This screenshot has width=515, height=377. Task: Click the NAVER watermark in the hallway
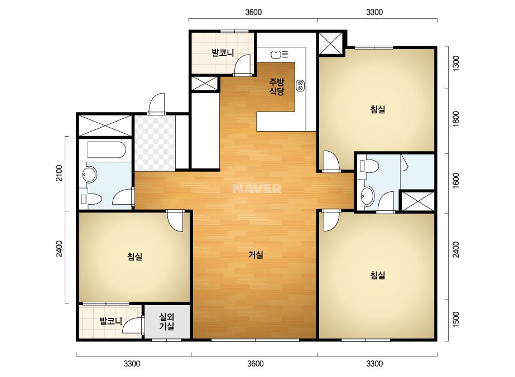[x=257, y=188]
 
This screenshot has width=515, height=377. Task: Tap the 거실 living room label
[x=256, y=254]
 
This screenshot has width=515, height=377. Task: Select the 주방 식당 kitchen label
[x=277, y=86]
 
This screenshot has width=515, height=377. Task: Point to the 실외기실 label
[x=166, y=321]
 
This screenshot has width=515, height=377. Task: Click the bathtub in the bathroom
[x=107, y=150]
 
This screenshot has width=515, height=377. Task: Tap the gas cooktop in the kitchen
[x=300, y=86]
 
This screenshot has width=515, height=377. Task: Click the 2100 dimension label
[x=59, y=173]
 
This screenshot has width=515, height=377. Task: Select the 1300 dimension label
[x=456, y=64]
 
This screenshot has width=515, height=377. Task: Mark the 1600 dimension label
[x=456, y=181]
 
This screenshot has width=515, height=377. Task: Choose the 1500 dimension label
[x=456, y=320]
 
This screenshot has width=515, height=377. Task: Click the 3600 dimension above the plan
[x=253, y=12]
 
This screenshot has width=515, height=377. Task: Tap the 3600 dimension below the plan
[x=255, y=364]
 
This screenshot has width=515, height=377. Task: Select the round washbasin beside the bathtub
[x=89, y=174]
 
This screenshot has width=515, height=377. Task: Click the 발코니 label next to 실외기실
[x=111, y=321]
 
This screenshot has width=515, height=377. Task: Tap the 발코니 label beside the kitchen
[x=223, y=52]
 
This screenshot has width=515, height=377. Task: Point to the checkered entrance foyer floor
[x=155, y=143]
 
